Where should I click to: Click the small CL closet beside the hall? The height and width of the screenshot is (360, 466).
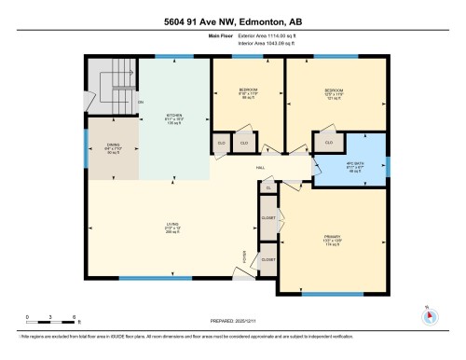(268, 187)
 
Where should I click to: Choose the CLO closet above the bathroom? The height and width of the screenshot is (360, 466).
(330, 141)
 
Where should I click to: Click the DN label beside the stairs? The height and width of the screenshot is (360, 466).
(141, 102)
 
